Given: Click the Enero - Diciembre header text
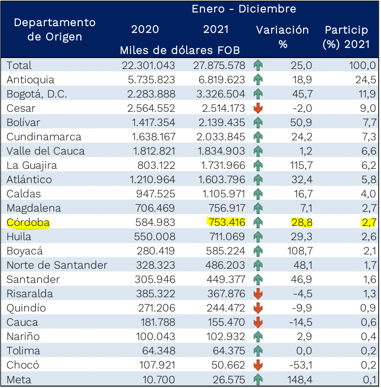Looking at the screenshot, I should (x=244, y=9).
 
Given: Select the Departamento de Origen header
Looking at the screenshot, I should (x=55, y=29).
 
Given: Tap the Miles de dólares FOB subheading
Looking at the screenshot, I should (x=180, y=50).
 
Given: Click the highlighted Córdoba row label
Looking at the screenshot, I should (x=29, y=223).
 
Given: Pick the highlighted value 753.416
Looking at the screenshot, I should (x=226, y=223).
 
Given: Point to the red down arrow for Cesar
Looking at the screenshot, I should (x=258, y=108).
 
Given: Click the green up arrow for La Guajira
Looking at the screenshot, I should (x=258, y=165).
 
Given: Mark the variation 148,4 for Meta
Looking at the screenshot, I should (x=300, y=379).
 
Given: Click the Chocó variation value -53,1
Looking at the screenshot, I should (x=300, y=365).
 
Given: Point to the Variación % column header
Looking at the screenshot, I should (x=282, y=37).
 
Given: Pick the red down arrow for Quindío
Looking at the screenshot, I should (x=258, y=308).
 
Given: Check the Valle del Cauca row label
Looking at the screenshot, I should (x=46, y=151).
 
